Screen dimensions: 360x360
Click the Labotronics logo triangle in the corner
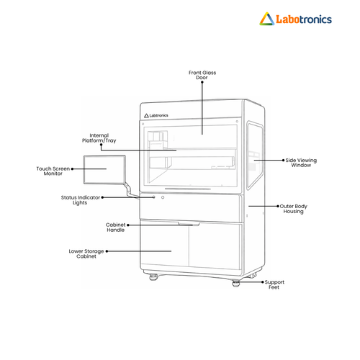266,19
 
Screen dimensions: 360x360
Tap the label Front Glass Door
202,75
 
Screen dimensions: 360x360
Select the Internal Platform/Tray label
99,138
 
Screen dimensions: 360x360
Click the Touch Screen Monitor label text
53,171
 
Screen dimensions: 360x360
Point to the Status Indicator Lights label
81,200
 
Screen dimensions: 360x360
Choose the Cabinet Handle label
116,228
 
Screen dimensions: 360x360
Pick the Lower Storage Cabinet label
86,253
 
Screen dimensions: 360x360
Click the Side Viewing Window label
301,163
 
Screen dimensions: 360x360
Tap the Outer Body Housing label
293,209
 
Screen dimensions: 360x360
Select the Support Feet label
274,284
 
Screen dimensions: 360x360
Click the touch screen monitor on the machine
104,170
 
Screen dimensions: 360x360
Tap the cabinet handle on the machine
189,224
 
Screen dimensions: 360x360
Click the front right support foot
236,283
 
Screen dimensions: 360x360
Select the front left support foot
153,277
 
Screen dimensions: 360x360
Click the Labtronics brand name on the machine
158,115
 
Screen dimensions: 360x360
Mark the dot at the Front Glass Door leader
202,82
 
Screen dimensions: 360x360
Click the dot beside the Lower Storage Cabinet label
107,251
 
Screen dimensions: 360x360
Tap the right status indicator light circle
163,197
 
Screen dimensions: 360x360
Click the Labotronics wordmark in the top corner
304,19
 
